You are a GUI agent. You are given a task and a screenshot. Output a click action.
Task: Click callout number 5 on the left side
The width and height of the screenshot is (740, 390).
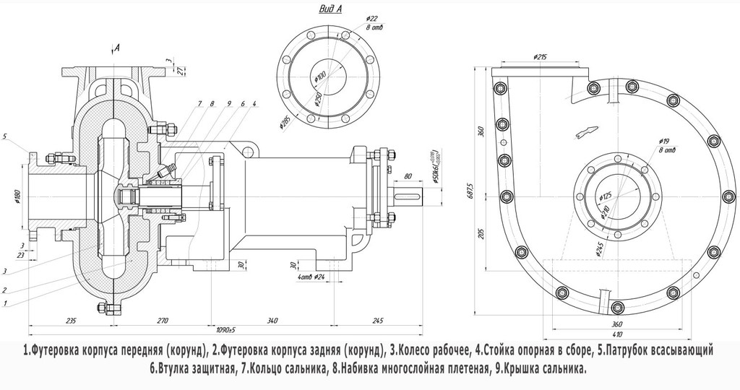tap(6, 136)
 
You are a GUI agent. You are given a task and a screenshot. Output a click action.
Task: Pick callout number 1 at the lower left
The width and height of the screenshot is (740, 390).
tap(6, 304)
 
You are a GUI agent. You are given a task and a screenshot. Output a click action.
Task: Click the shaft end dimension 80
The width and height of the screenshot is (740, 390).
tap(408, 175)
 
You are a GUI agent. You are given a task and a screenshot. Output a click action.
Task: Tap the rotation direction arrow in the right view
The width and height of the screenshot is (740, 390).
tap(585, 131)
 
